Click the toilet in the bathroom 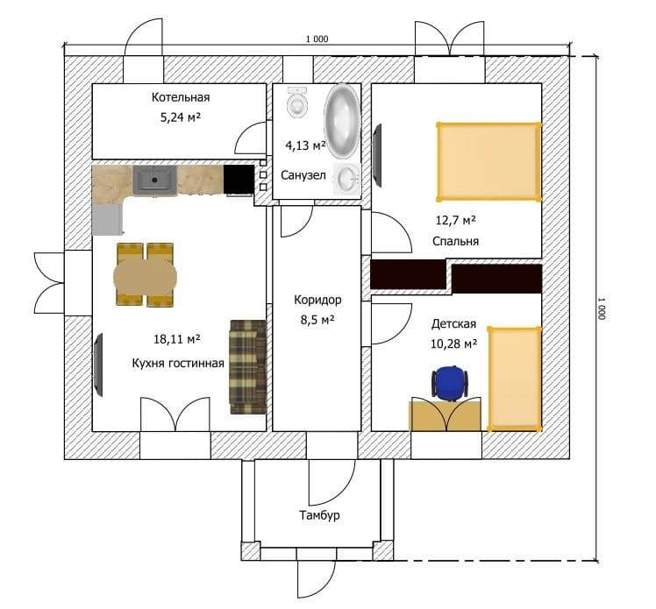[x=297, y=103]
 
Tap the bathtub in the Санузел [x=342, y=121]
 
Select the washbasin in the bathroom [x=347, y=180]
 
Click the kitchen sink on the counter [x=155, y=181]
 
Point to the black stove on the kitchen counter [x=239, y=180]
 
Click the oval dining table [x=146, y=276]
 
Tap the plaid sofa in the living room [x=248, y=367]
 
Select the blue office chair [x=449, y=383]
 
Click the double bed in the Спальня [x=488, y=162]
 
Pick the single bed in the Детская [x=515, y=379]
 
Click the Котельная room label [x=181, y=97]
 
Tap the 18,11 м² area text [x=177, y=338]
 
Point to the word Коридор [x=317, y=300]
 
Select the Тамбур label [x=319, y=515]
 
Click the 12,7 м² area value [x=455, y=220]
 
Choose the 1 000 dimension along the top [x=317, y=39]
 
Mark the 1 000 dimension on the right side [x=602, y=308]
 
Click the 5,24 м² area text [x=181, y=117]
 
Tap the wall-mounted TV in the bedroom [x=377, y=155]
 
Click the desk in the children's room [x=445, y=414]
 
